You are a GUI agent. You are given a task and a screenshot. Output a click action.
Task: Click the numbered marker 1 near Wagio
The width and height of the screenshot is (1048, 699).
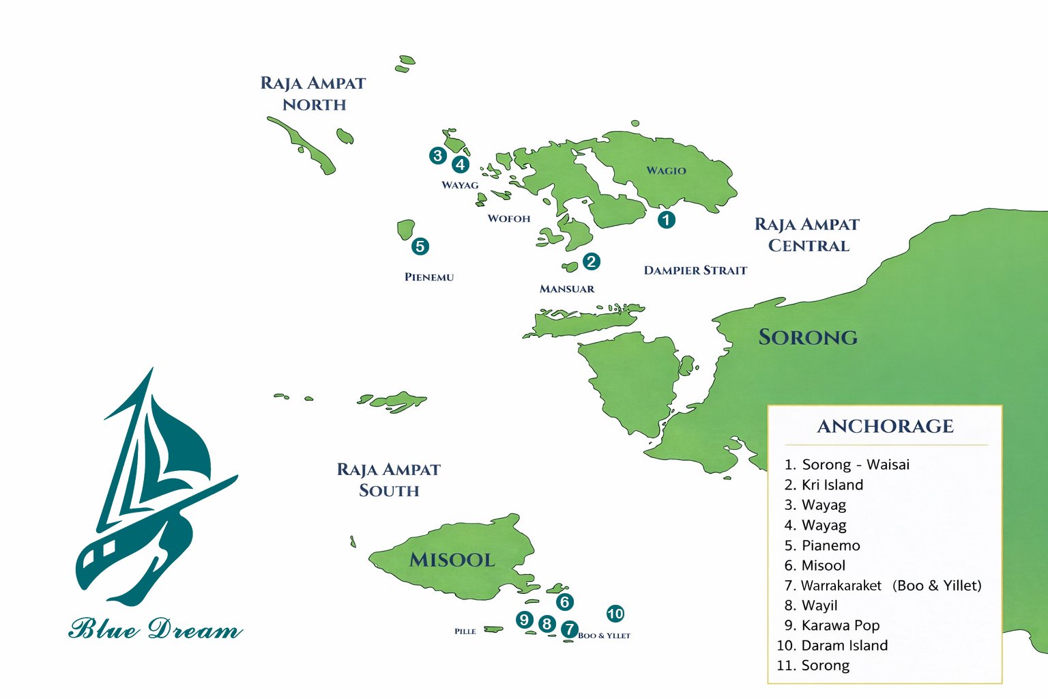click(x=666, y=220)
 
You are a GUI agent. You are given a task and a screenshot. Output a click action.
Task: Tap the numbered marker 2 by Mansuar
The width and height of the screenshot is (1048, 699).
click(x=591, y=261)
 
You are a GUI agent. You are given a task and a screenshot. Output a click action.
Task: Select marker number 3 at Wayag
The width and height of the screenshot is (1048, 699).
click(x=437, y=156)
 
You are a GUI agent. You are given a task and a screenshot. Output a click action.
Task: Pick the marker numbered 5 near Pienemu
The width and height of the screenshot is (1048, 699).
click(x=420, y=246)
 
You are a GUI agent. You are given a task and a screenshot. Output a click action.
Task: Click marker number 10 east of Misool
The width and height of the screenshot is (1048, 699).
click(x=615, y=614)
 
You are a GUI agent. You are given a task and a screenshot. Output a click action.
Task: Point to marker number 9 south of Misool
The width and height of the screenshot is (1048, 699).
click(x=524, y=620)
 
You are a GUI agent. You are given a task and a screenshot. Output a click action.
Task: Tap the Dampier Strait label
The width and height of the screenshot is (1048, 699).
click(x=695, y=270)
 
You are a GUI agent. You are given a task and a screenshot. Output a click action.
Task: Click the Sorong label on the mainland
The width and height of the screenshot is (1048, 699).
click(x=808, y=337)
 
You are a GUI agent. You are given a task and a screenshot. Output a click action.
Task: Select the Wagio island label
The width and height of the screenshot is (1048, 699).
click(x=666, y=171)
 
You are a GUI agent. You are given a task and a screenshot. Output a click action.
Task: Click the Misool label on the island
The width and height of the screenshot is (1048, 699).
click(x=452, y=560)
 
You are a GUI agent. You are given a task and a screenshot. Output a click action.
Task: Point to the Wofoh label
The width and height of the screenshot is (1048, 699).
click(x=508, y=219)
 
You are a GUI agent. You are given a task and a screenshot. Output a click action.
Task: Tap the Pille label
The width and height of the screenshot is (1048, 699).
click(x=465, y=631)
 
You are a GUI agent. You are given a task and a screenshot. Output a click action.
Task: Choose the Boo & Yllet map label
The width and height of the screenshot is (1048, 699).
click(x=604, y=636)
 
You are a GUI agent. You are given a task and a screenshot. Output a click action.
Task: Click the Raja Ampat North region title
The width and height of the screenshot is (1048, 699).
click(x=313, y=94)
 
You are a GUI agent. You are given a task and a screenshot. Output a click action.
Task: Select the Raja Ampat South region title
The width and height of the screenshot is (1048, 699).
click(x=388, y=480)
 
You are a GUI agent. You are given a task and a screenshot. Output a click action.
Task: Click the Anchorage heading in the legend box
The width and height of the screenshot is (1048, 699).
click(x=885, y=427)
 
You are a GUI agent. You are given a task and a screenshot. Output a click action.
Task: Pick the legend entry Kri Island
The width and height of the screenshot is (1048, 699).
click(x=832, y=485)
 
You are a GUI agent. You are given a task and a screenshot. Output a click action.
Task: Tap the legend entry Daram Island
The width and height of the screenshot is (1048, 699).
click(x=844, y=645)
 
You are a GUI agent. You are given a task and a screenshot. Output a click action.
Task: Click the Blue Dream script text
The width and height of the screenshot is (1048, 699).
click(x=156, y=629)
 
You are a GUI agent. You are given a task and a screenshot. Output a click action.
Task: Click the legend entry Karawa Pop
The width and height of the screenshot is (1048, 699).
click(x=840, y=625)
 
